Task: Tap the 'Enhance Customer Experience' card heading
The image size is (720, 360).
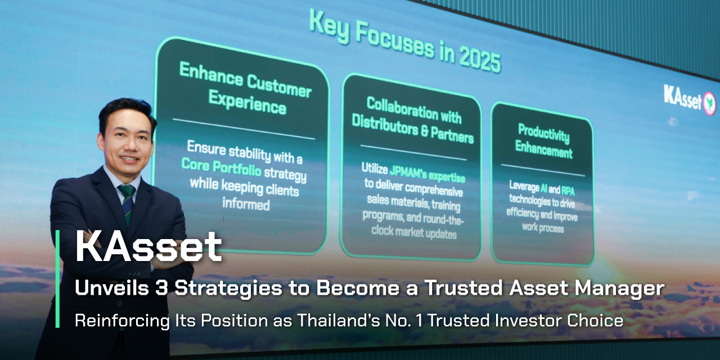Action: (x=246, y=89)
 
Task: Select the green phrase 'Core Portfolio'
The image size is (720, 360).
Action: (x=221, y=167)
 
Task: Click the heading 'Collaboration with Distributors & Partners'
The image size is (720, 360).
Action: (x=413, y=120)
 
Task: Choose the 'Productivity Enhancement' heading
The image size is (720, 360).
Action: (x=544, y=141)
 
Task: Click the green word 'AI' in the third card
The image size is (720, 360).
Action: (x=544, y=188)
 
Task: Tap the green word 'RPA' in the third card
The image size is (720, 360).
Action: (x=568, y=191)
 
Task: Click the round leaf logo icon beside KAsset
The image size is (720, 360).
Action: (x=709, y=103)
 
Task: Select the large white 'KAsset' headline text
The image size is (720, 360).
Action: (x=148, y=247)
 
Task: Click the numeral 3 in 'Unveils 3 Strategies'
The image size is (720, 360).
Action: (x=161, y=287)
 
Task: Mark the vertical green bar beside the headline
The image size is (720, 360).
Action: (x=57, y=279)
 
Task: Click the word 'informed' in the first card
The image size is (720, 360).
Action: (x=246, y=204)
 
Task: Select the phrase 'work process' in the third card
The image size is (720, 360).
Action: (x=543, y=228)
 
